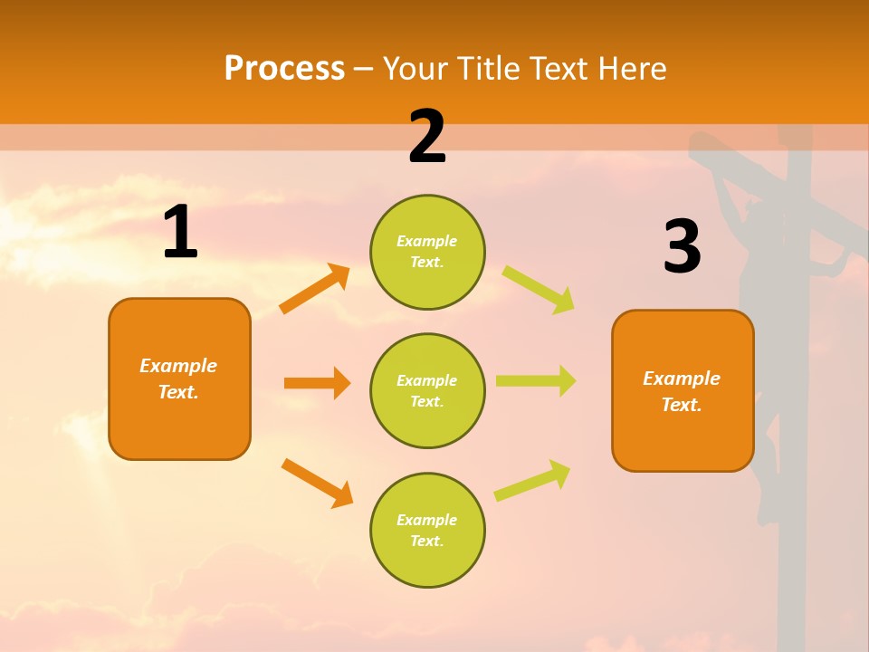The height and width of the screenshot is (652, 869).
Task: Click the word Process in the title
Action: [284, 69]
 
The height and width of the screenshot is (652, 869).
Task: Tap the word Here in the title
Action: [631, 69]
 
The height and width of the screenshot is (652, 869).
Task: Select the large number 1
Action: [180, 233]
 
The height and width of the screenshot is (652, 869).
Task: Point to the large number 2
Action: [427, 137]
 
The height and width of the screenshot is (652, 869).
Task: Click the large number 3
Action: [682, 246]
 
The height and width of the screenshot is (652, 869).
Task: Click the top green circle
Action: [427, 252]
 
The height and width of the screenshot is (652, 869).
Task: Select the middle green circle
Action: [427, 390]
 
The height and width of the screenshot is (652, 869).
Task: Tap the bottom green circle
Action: [427, 530]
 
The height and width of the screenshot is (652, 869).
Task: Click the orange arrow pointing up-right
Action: [315, 289]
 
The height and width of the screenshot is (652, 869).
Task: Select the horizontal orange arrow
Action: [317, 383]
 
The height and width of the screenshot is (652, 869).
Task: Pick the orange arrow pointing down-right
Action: [317, 483]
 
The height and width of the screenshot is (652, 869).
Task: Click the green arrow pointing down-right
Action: [538, 289]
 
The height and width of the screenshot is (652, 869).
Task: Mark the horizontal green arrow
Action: [535, 380]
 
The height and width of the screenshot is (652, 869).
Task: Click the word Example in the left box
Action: [178, 366]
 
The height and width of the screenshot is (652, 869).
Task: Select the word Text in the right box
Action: [681, 405]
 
